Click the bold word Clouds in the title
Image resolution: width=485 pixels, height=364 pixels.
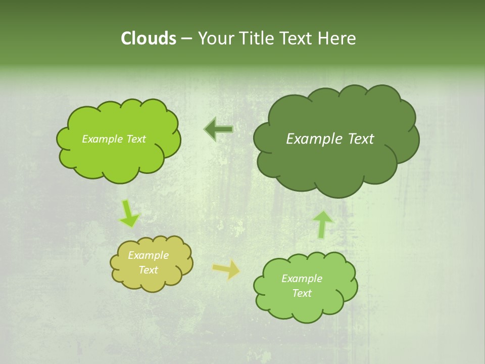click(x=148, y=38)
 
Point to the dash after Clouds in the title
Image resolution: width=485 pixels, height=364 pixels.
click(x=186, y=39)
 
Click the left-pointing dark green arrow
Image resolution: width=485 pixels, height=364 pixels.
click(x=219, y=129)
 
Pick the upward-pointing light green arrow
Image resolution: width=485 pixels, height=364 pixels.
click(x=323, y=224)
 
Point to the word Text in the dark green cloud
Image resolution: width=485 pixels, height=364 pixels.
click(x=361, y=139)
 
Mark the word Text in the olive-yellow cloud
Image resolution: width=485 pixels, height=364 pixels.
click(x=149, y=270)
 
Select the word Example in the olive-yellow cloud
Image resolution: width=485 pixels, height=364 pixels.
click(x=149, y=255)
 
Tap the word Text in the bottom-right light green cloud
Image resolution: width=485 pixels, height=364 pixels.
click(x=302, y=293)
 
